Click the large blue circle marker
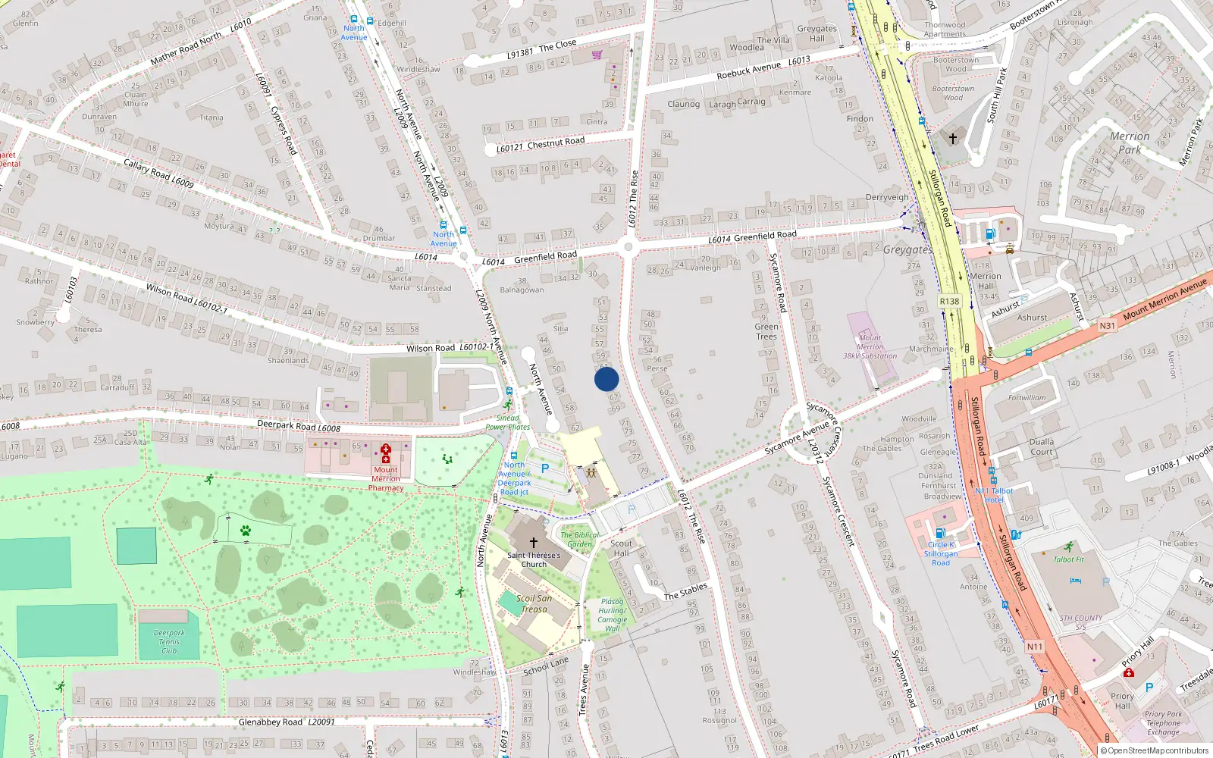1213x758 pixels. tap(606, 379)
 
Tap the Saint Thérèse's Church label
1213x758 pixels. tap(534, 559)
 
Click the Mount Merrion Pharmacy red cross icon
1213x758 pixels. tap(386, 453)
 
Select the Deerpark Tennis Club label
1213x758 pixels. tap(169, 642)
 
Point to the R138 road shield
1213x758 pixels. tap(949, 301)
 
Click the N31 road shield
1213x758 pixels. tap(1108, 326)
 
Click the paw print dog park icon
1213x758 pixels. tap(246, 531)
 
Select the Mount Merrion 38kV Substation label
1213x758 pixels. tap(870, 347)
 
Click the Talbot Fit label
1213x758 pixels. tap(1069, 559)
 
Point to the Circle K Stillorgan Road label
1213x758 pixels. tap(941, 554)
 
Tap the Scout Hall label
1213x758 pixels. tap(621, 548)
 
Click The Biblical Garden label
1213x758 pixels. tap(580, 539)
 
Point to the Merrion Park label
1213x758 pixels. tap(1130, 143)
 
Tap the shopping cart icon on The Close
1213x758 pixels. tap(597, 55)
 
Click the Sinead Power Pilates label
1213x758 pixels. tap(508, 422)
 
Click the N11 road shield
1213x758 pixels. tap(1035, 647)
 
